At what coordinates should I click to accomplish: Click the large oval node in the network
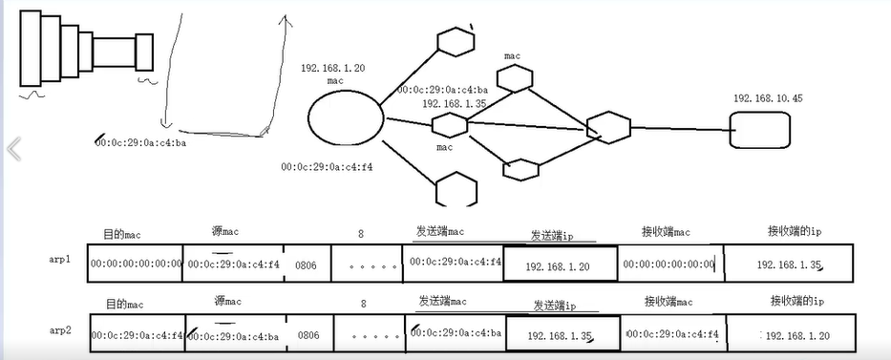[346, 120]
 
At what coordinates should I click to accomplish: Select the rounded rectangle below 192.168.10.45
[760, 130]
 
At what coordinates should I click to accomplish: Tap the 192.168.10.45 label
[768, 98]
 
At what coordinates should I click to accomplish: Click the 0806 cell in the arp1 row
[307, 264]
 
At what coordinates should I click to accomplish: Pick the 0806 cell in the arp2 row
[308, 335]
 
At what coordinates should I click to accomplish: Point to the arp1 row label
[60, 259]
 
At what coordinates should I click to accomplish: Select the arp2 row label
[60, 330]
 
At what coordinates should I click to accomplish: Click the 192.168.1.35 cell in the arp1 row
[788, 265]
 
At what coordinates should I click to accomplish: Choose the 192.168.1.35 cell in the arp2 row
[562, 336]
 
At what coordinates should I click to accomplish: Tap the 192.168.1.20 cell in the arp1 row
[559, 265]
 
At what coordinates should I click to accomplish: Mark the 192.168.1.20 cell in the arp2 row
[796, 335]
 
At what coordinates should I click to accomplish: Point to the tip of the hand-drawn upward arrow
[283, 16]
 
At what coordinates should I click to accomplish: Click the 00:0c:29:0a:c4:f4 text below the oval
[327, 166]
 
